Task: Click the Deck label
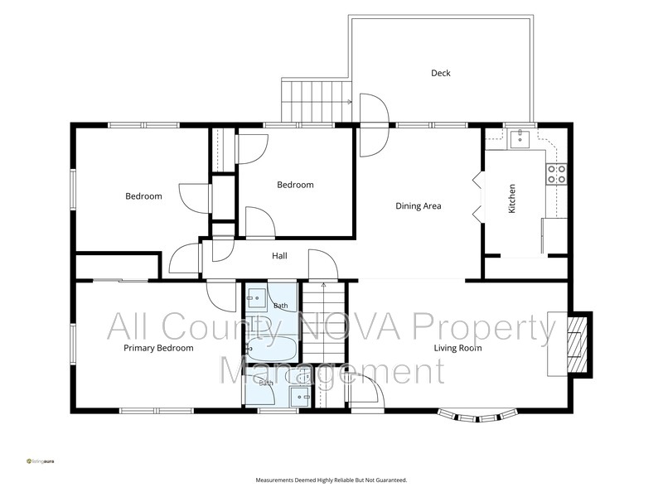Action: (441, 73)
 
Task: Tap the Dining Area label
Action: (419, 205)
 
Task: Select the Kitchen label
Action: (511, 199)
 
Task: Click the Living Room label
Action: (458, 348)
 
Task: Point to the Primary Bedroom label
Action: (158, 348)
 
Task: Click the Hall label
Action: (279, 256)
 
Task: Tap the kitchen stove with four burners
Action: (556, 174)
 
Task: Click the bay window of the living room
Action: (478, 417)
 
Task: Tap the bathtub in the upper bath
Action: (272, 348)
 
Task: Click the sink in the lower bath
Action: (300, 397)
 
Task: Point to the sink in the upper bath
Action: (256, 298)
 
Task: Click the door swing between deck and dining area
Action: (374, 125)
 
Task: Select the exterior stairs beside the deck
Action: (317, 100)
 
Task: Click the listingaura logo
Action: (40, 461)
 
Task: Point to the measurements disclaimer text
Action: (331, 480)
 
